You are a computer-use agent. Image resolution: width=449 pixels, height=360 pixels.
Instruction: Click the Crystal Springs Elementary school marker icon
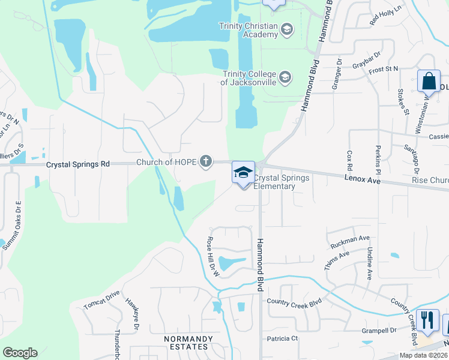[244, 173]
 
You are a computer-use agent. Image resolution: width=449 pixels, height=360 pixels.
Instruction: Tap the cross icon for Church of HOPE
[206, 161]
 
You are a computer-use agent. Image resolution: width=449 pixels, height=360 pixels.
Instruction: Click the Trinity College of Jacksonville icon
[285, 77]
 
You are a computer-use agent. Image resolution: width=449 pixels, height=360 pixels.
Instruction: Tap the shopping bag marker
[430, 82]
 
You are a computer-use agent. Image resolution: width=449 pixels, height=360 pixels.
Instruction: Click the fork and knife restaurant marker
[427, 320]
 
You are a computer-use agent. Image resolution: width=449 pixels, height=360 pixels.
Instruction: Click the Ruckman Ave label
[350, 241]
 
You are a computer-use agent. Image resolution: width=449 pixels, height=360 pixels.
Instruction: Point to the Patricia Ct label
[283, 338]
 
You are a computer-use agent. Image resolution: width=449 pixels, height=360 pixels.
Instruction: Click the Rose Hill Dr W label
[213, 256]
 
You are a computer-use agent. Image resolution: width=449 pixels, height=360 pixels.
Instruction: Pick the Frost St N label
[384, 70]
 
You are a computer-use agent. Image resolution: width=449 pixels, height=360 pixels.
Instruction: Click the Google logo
[20, 353]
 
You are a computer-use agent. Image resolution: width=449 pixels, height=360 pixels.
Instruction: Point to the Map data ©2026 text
[423, 355]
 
